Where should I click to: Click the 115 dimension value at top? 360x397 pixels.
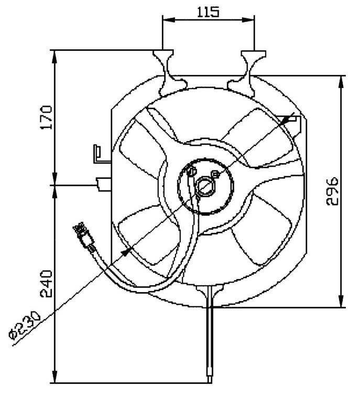[208, 11]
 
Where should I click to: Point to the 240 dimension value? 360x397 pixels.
[46, 284]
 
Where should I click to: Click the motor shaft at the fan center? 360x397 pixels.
[205, 186]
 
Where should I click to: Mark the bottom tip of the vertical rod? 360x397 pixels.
[210, 377]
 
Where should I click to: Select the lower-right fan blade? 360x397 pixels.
[257, 231]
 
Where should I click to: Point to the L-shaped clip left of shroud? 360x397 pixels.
[99, 154]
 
